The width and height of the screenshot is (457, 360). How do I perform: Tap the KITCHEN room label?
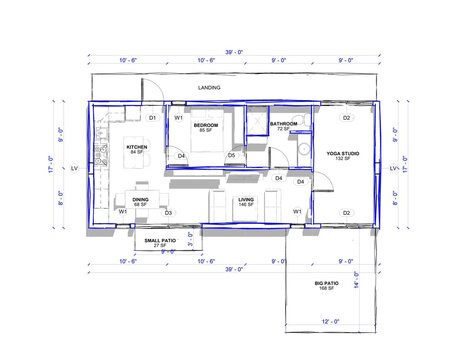tap(137, 147)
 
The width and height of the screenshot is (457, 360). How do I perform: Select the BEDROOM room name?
tap(206, 125)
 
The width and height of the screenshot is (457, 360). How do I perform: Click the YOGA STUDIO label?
tap(344, 153)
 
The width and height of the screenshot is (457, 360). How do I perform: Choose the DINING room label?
tap(141, 199)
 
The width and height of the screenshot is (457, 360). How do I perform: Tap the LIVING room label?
tap(246, 199)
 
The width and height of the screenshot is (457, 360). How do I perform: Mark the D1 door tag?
tap(153, 118)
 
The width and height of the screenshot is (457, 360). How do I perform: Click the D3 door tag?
tap(168, 212)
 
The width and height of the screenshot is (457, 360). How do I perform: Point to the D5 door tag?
tap(231, 155)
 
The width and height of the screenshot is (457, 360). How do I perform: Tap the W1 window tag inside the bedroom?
tap(178, 118)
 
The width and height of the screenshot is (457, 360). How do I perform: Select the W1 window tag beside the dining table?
tap(122, 212)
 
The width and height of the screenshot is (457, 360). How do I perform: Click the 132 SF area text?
tap(344, 159)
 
